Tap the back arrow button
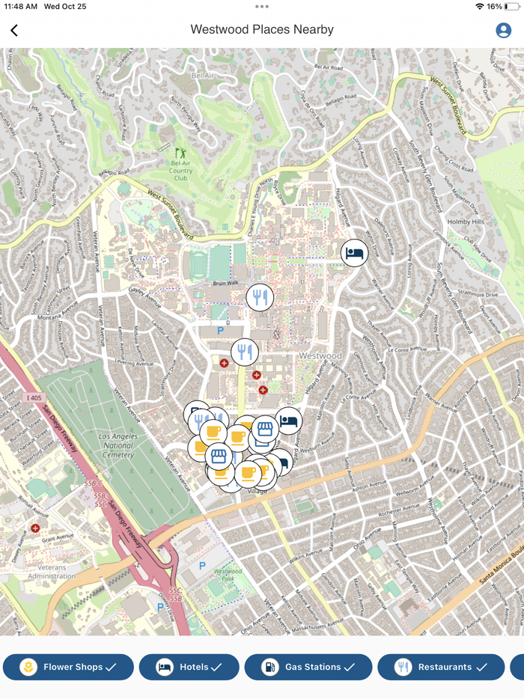pyautogui.click(x=14, y=30)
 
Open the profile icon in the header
pyautogui.click(x=504, y=30)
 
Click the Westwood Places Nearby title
pyautogui.click(x=262, y=30)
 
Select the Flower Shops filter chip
pyautogui.click(x=68, y=667)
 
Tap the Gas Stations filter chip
pyautogui.click(x=308, y=667)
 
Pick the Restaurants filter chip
pyautogui.click(x=441, y=667)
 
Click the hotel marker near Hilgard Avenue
pyautogui.click(x=355, y=253)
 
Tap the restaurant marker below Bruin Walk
pyautogui.click(x=260, y=298)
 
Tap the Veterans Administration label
pyautogui.click(x=52, y=572)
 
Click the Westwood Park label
pyautogui.click(x=228, y=575)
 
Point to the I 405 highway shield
pyautogui.click(x=32, y=397)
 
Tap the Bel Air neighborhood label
pyautogui.click(x=203, y=76)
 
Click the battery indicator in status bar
pyautogui.click(x=513, y=6)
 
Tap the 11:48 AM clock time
pyautogui.click(x=21, y=6)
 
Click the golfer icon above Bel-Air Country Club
pyautogui.click(x=180, y=153)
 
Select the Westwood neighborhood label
pyautogui.click(x=320, y=355)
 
